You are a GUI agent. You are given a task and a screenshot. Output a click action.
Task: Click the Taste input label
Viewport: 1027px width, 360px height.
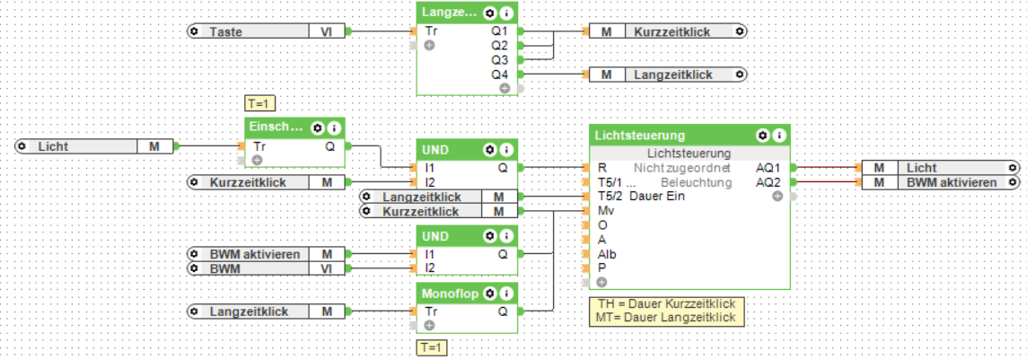[x=226, y=31]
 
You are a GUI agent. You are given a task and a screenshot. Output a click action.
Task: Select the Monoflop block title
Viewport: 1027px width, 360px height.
[x=451, y=293]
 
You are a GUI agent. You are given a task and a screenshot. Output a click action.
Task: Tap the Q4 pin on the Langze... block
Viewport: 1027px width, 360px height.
[x=500, y=74]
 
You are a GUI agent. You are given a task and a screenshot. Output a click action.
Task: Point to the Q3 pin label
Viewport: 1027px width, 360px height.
[x=500, y=59]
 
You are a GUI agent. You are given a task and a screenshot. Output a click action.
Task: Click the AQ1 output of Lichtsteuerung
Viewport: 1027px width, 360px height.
[x=768, y=168]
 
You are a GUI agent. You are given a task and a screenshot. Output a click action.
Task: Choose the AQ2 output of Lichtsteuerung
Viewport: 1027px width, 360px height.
[x=768, y=182]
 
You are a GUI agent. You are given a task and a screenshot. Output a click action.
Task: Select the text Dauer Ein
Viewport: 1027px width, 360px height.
[x=660, y=197]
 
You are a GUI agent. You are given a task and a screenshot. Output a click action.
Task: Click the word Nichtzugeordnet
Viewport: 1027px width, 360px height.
[x=682, y=168]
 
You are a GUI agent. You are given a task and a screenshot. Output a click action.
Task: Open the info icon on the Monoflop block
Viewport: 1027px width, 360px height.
[x=508, y=293]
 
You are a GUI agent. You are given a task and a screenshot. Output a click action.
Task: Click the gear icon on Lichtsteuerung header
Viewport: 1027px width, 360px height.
[x=762, y=136]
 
